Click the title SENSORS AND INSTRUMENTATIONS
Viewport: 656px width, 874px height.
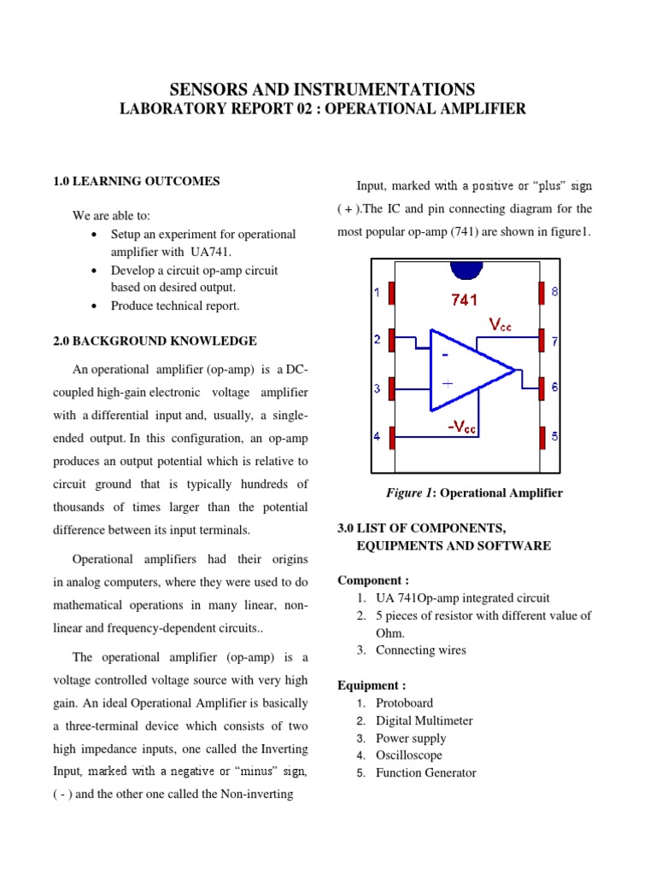click(x=322, y=90)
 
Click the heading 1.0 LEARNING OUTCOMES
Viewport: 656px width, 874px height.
click(x=136, y=181)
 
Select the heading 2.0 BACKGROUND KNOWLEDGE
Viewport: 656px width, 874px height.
click(x=155, y=341)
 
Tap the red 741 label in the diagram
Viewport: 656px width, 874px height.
click(x=464, y=300)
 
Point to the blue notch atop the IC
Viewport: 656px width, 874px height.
click(x=466, y=268)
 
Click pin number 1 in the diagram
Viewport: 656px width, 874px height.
click(x=378, y=293)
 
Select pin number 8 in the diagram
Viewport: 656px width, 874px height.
click(x=554, y=292)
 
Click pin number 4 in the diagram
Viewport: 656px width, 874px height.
click(x=378, y=437)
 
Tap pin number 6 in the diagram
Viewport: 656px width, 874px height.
click(x=554, y=387)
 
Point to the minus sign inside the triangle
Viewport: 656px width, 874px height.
click(x=445, y=353)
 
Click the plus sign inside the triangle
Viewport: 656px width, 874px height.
click(x=447, y=383)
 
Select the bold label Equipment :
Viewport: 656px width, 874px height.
click(x=372, y=685)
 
